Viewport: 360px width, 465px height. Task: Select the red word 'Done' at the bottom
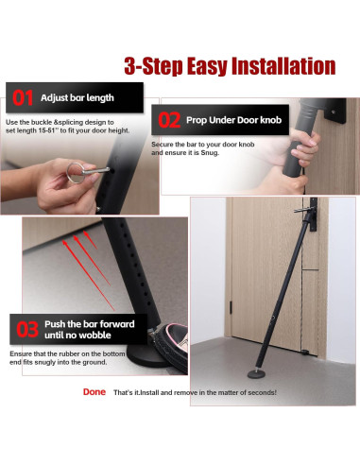94,391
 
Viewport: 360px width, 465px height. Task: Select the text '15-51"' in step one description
60,131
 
